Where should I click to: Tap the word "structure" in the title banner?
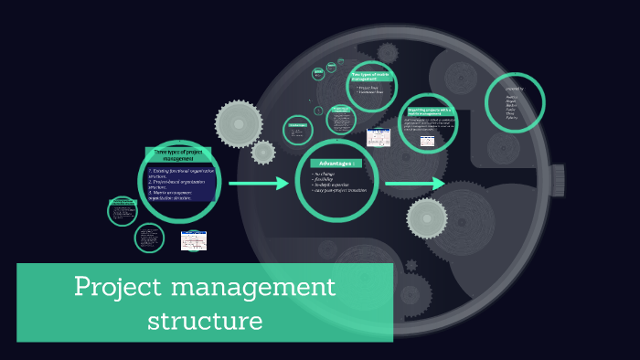pos(205,321)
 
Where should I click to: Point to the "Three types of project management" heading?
pos(178,154)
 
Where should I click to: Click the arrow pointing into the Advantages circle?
pos(258,185)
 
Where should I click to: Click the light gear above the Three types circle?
pos(239,121)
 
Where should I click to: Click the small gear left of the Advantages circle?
pos(262,152)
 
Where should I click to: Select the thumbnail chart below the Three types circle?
pos(194,241)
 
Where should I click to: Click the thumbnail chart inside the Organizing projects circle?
pos(425,140)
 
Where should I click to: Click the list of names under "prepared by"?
pos(511,108)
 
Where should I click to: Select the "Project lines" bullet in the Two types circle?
pos(369,88)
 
